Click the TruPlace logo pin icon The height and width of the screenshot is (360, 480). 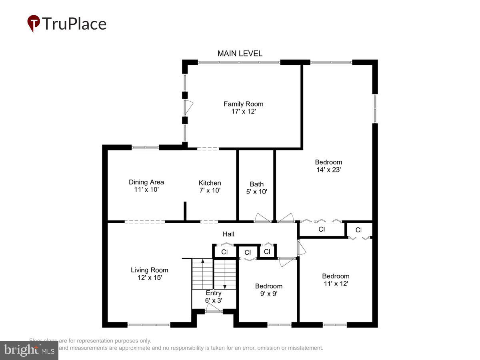click(x=34, y=23)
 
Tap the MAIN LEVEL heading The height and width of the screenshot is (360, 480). click(x=240, y=54)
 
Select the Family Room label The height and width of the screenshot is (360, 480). click(x=243, y=104)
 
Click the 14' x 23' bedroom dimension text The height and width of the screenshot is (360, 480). click(x=328, y=170)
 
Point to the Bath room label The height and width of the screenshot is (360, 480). click(x=256, y=184)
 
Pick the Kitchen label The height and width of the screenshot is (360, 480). click(x=210, y=183)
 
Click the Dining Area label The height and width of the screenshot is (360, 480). click(x=146, y=182)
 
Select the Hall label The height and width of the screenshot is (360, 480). click(x=229, y=234)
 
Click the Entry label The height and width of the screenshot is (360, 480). click(x=214, y=293)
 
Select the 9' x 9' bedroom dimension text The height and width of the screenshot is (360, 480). click(x=268, y=294)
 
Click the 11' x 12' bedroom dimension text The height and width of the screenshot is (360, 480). click(x=336, y=284)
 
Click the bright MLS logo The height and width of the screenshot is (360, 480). click(x=29, y=350)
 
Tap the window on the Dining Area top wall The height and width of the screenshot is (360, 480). click(x=145, y=147)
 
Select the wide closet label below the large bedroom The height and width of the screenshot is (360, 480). click(x=321, y=230)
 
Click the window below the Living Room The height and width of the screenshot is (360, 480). click(x=149, y=325)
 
